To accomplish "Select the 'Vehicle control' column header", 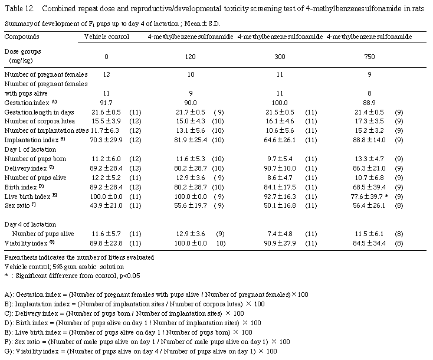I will tap(107, 37).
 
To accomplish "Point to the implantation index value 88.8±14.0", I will tap(368, 140).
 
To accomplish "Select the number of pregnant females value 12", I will tap(106, 74).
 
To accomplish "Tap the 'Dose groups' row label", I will tap(24, 51).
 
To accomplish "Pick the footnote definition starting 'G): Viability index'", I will tap(139, 351).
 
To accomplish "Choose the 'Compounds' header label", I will tap(22, 37).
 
